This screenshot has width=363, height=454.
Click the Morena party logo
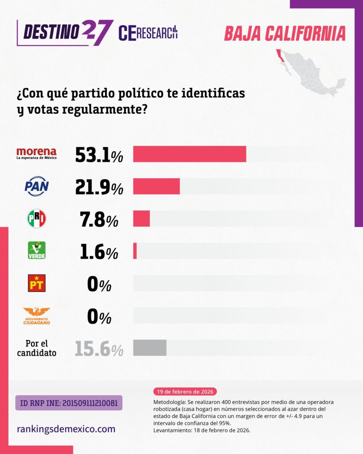36,153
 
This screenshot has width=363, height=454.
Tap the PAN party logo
36,186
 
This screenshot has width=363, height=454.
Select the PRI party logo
36,219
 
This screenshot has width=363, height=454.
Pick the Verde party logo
36,250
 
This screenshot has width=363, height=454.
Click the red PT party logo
36,283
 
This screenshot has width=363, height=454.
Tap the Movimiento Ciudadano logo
36,315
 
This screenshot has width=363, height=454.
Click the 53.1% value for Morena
99,154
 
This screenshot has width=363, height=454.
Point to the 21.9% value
99,187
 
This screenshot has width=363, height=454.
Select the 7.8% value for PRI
99,219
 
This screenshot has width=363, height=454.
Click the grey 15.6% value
99,348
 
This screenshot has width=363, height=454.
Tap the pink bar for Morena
189,154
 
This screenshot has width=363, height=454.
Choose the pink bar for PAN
156,186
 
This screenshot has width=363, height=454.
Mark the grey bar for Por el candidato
150,348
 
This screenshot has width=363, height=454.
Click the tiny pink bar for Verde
135,251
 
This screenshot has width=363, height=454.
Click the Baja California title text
285,33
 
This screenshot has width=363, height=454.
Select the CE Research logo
148,33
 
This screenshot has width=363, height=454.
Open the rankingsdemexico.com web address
66,429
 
